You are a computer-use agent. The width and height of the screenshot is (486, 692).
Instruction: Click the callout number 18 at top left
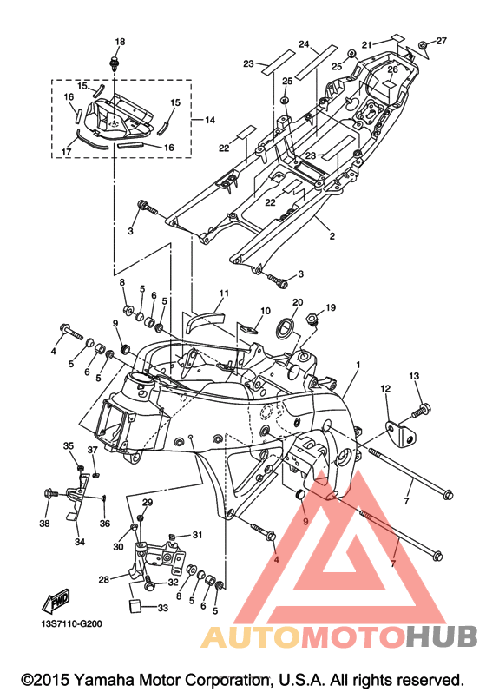pos(120,42)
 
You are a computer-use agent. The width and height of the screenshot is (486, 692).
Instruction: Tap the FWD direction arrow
pos(56,600)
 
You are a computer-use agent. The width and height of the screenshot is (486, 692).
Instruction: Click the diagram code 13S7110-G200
pos(71,624)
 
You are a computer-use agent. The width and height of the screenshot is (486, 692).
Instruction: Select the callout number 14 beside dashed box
pos(210,120)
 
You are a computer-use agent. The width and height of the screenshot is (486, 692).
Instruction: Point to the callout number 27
pos(442,41)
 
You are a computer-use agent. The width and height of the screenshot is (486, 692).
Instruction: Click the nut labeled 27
pos(423,45)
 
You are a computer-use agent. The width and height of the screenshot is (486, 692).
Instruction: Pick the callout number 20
pos(298,302)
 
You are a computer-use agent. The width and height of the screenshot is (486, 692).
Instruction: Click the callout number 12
pos(385,389)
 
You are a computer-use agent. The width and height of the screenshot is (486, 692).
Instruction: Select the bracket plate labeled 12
pos(401,433)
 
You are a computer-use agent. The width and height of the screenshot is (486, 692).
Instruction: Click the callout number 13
pos(414,376)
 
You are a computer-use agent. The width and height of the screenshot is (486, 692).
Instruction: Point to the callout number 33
pos(163,608)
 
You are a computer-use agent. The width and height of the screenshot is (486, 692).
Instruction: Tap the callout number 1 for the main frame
pos(358,365)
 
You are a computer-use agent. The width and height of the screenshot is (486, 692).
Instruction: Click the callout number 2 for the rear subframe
pos(332,236)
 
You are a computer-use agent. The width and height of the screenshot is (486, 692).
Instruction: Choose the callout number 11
pos(224,293)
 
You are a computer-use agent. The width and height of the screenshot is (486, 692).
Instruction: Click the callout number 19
pos(331,307)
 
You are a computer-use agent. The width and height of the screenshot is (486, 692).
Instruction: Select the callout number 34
pos(79,542)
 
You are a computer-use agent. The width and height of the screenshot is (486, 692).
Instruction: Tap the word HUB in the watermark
pos(442,636)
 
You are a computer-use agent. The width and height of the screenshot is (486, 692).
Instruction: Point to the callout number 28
pos(103,578)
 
